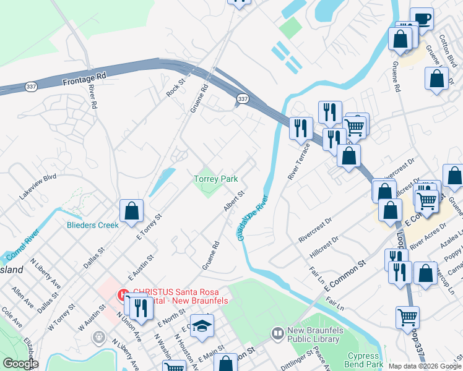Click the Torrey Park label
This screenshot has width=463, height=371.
coord(215,179)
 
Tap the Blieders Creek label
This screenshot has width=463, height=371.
coord(92,225)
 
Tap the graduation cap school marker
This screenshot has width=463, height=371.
coord(202,325)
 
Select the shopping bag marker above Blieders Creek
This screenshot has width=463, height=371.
coord(132,210)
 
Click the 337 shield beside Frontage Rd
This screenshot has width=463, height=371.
coord(31,87)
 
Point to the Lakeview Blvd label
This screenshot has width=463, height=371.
coord(38,185)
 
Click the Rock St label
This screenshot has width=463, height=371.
coord(176,87)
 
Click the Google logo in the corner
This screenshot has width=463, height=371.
coord(20,364)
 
